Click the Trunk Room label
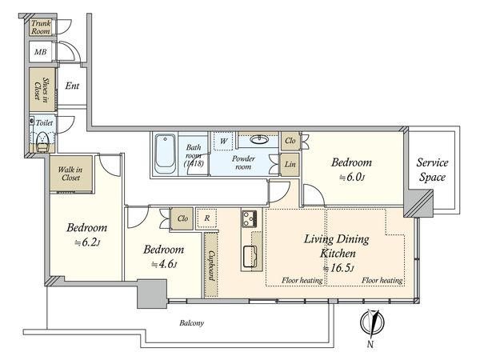click(41, 27)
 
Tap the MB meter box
click(41, 51)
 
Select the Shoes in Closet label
click(42, 90)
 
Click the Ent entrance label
click(72, 86)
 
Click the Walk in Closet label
click(70, 174)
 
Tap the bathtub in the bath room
click(165, 154)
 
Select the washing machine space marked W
click(223, 141)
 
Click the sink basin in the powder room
click(259, 139)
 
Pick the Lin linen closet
click(290, 164)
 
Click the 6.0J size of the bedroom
click(352, 178)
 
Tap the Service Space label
click(432, 170)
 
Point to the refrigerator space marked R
click(207, 218)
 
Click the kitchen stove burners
click(250, 218)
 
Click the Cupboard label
click(211, 266)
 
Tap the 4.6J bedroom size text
click(164, 264)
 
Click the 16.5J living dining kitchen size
click(339, 269)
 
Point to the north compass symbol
click(372, 322)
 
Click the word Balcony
click(192, 323)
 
